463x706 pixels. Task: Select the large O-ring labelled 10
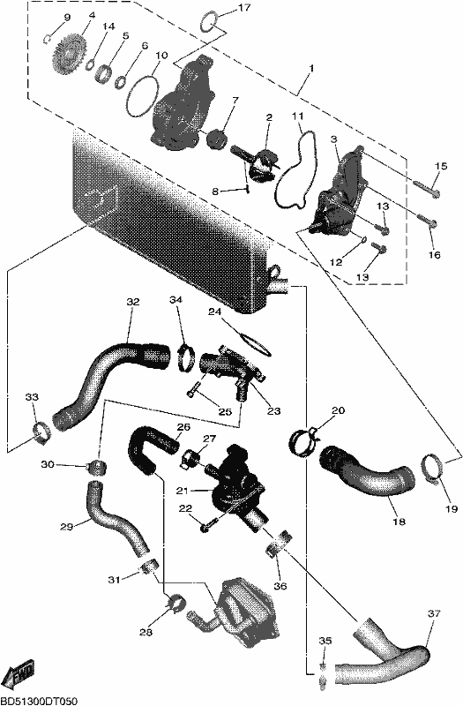143,96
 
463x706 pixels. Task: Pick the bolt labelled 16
428,220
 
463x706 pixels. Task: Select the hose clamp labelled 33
41,432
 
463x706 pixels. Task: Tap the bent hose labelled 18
367,474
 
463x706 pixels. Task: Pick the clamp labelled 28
174,601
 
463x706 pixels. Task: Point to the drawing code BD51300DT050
38,701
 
